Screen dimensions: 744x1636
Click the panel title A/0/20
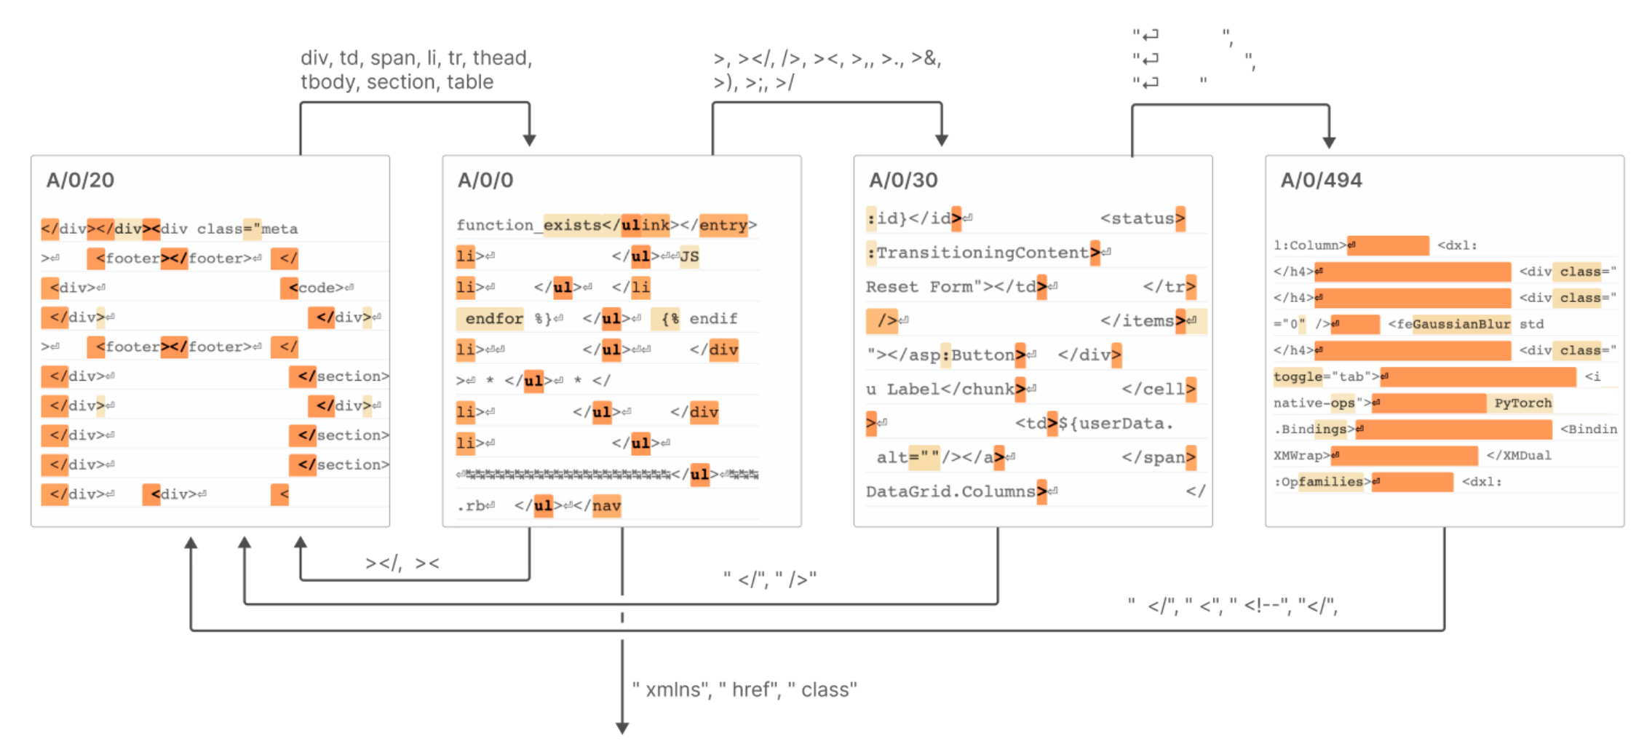(x=80, y=180)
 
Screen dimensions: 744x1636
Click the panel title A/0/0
(x=485, y=180)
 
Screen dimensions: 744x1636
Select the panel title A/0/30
(x=902, y=180)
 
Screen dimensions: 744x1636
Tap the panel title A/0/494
(x=1321, y=180)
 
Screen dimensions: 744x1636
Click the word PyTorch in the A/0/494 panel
(x=1522, y=403)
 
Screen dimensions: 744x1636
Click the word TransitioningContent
(x=982, y=253)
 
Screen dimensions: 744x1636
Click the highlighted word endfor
(x=493, y=319)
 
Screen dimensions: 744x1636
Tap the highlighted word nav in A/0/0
(x=606, y=506)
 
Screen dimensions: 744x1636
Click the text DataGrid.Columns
(x=950, y=492)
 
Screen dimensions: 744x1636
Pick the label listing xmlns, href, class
(x=744, y=689)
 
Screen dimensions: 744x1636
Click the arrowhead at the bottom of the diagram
(x=622, y=728)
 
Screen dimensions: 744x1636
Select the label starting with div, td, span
(x=416, y=70)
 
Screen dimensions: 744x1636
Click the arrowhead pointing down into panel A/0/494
(x=1329, y=143)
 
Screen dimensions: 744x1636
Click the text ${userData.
(x=1115, y=424)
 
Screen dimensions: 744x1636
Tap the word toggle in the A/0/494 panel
(x=1297, y=377)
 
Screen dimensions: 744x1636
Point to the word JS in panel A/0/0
(x=689, y=256)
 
